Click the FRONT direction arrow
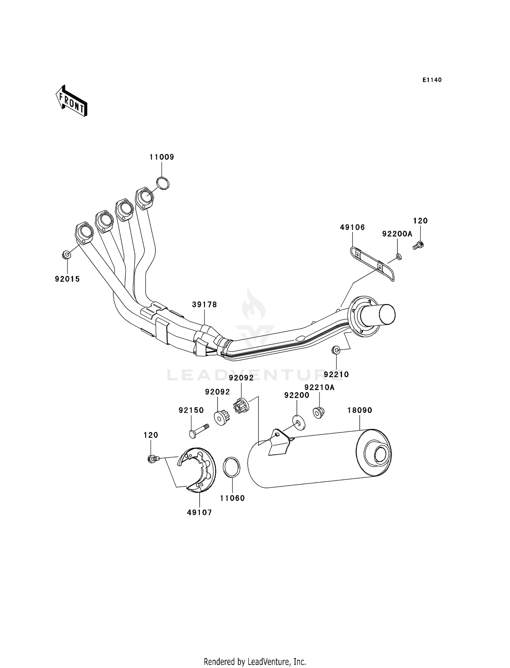71,101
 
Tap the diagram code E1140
432,80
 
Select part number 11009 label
161,157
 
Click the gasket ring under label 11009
163,183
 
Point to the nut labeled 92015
67,254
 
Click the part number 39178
204,304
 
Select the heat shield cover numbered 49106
372,264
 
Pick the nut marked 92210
336,350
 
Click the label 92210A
319,387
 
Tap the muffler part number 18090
359,410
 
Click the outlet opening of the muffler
380,455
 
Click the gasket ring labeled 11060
232,467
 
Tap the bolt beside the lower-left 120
152,459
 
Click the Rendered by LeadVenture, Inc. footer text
255,662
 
